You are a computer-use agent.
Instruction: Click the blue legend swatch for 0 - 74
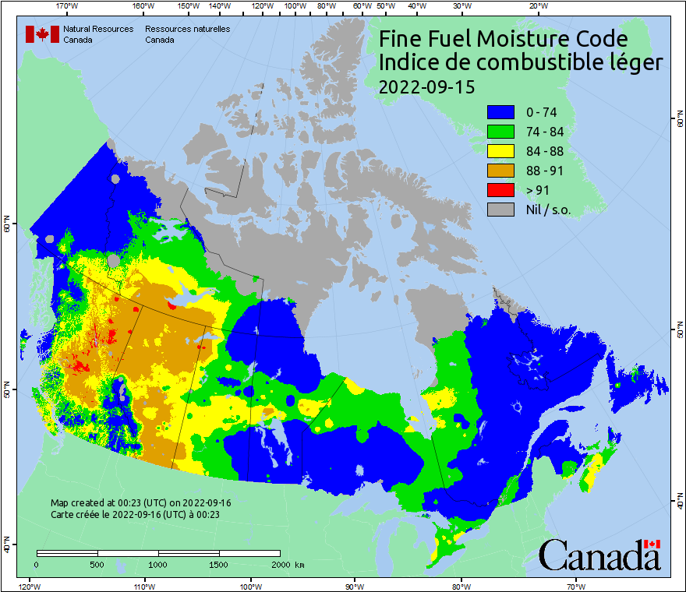tap(500, 112)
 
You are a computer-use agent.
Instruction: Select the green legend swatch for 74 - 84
tap(500, 132)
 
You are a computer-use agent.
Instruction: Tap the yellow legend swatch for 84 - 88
tap(500, 151)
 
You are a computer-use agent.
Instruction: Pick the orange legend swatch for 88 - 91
tap(500, 171)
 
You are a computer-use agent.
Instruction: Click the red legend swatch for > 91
tap(500, 190)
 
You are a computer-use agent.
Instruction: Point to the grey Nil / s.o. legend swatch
tap(500, 210)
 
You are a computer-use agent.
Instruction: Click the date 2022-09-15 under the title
tap(426, 86)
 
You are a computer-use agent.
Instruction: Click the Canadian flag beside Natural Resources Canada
tap(42, 34)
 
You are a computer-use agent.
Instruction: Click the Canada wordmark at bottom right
tap(599, 554)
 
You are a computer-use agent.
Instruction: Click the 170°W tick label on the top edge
tap(68, 6)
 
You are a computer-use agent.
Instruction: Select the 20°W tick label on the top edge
tap(536, 6)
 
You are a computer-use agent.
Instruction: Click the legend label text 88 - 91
tap(545, 171)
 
